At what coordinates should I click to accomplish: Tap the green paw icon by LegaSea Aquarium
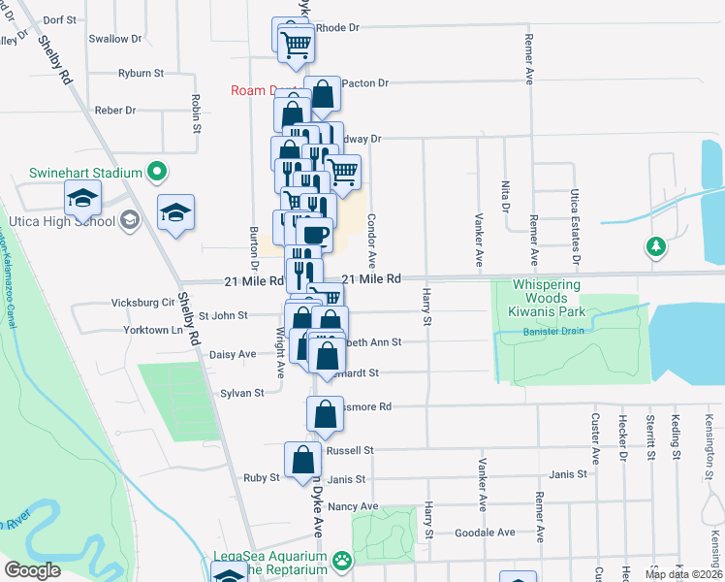(x=342, y=561)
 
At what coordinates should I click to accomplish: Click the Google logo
(x=33, y=570)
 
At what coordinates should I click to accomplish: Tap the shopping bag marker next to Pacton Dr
(x=323, y=95)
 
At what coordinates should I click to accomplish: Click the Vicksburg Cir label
(x=141, y=303)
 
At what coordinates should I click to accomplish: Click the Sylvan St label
(x=242, y=393)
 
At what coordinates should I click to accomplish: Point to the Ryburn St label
(x=142, y=73)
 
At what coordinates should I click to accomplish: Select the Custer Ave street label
(x=596, y=436)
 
